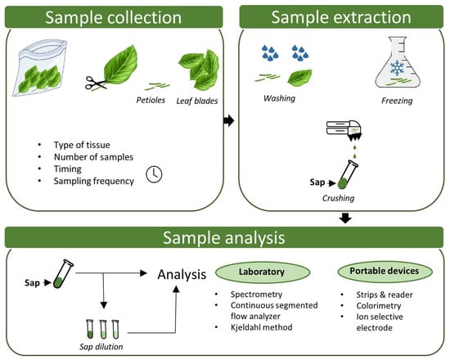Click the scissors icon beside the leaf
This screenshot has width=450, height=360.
coord(95,83)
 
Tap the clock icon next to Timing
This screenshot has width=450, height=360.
coord(154,174)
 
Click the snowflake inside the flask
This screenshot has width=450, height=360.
coord(397,68)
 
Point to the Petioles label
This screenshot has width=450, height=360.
coord(151,100)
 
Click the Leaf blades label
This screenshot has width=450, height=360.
coord(197,101)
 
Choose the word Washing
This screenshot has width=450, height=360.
coord(279,98)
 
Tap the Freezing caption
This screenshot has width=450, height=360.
coord(397,101)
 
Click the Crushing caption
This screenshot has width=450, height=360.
coord(339,198)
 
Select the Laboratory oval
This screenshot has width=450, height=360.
coord(263,272)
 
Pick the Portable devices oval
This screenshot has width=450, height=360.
coord(385,271)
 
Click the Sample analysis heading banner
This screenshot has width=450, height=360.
coord(224,237)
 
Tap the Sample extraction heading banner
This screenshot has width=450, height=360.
coord(341,17)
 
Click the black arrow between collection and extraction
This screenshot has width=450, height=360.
coord(229,120)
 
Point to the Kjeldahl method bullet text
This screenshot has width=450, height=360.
coord(262,327)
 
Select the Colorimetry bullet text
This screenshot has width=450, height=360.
coord(379,306)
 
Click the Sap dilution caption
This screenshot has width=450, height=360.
coord(101,347)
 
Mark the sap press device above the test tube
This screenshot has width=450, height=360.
coord(344,131)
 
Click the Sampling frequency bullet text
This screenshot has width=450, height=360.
coord(94,181)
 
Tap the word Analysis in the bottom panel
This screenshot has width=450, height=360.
coord(182,274)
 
